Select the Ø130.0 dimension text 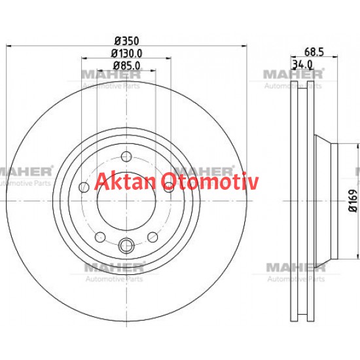126,53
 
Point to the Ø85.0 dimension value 126,65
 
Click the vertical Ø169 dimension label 351,200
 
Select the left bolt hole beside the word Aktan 82,189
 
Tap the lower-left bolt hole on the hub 100,237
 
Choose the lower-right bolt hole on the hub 152,237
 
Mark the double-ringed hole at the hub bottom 126,246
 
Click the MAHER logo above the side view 292,75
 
